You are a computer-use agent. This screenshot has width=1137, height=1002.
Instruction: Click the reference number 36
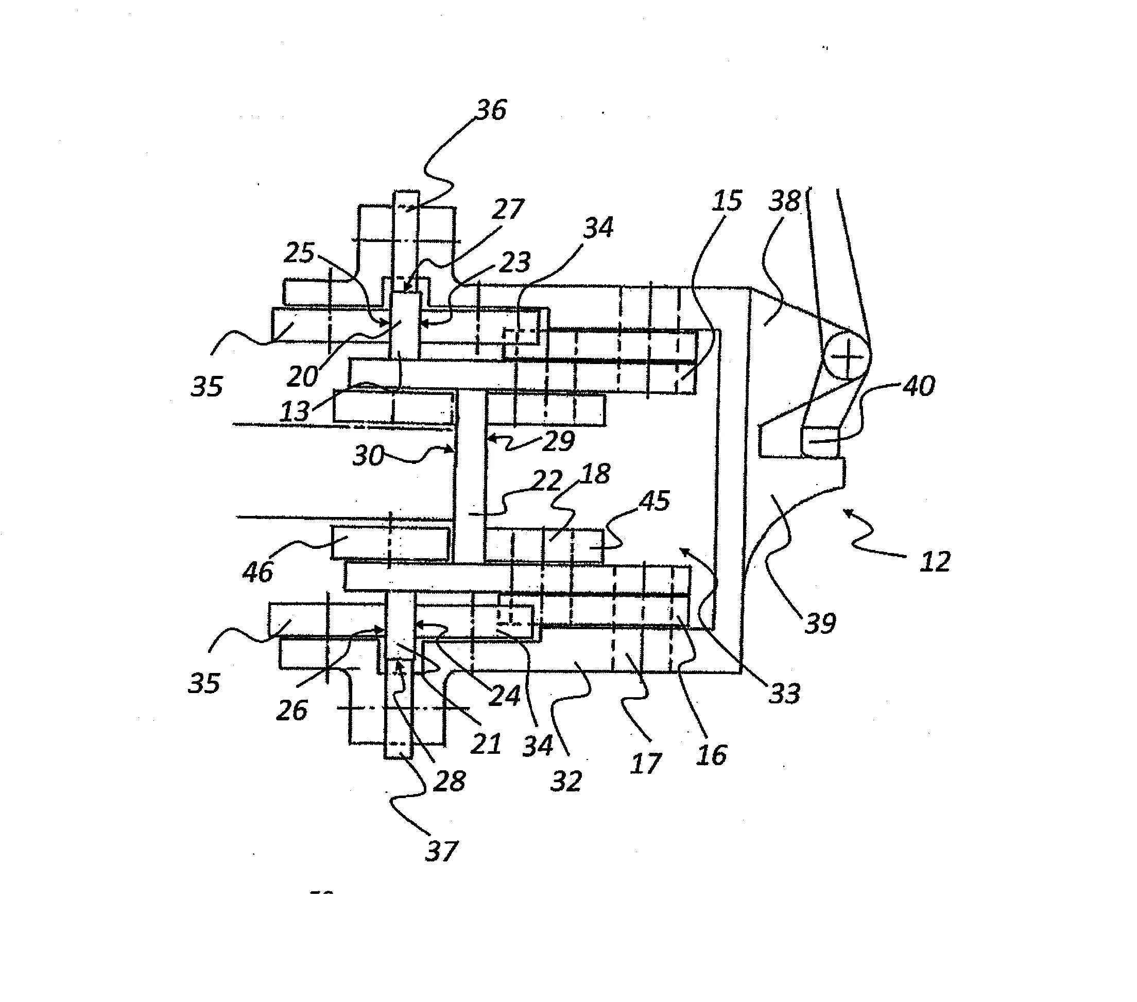491,110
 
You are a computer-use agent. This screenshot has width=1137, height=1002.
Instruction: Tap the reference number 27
508,209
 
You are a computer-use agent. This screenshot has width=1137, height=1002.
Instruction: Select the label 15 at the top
727,200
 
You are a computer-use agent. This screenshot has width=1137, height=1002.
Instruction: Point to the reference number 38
784,200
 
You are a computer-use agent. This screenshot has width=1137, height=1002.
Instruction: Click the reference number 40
918,386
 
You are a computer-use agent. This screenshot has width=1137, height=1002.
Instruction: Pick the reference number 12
935,562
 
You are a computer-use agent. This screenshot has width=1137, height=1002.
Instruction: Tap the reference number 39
820,623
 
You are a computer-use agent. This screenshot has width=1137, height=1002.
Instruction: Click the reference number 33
784,693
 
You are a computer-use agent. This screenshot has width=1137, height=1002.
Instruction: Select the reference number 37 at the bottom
441,851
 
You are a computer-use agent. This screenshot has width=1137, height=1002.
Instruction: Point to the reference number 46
257,572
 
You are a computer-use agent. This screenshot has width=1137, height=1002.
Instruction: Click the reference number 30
368,456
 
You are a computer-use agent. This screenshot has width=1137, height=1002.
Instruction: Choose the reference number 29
558,441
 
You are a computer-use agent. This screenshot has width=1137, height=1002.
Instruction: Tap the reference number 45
654,500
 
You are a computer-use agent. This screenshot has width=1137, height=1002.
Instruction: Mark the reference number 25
299,253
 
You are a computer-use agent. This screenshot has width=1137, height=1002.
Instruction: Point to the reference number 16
712,755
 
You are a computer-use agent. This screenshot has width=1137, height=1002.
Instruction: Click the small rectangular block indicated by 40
819,442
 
